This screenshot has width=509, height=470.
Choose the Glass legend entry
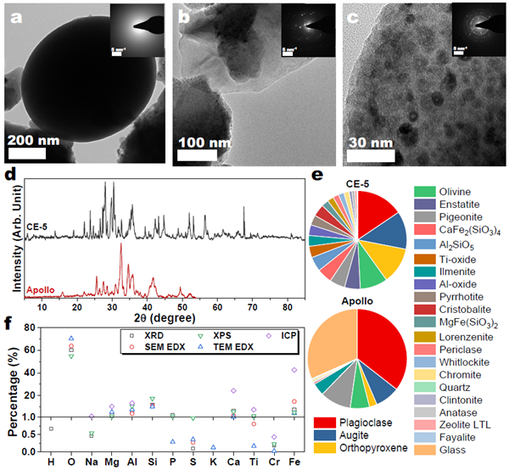(x=451, y=449)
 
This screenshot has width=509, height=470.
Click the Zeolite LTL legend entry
(x=463, y=419)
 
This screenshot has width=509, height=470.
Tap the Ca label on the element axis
(x=233, y=464)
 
